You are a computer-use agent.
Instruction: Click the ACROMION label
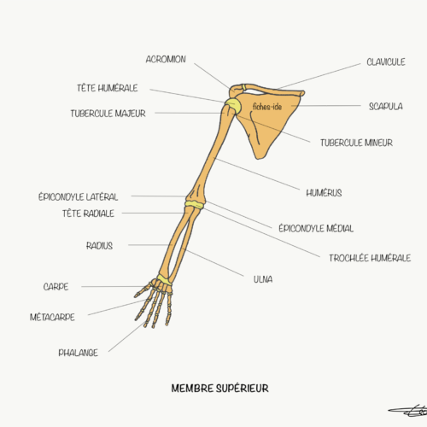[166, 59]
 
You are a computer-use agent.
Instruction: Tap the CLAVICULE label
[386, 61]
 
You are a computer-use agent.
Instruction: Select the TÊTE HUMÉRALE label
[107, 88]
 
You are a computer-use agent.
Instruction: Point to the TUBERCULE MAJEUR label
[108, 114]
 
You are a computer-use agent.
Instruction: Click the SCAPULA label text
[386, 107]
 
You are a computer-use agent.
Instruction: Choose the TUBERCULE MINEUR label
[356, 143]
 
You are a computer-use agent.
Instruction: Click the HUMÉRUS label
[324, 193]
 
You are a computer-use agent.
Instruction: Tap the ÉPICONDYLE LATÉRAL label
[78, 196]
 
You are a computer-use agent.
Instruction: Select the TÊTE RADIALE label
[88, 213]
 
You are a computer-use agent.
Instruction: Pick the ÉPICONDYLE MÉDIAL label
[316, 228]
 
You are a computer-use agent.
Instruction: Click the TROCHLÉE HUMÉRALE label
[370, 258]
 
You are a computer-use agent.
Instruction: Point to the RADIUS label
[99, 245]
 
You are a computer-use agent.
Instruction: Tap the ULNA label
[263, 279]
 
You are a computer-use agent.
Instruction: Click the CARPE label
[56, 286]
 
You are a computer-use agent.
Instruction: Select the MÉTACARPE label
[52, 317]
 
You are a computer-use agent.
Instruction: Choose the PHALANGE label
[78, 353]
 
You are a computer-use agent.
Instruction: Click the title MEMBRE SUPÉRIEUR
[219, 388]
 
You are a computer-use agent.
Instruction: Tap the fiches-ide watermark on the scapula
[267, 107]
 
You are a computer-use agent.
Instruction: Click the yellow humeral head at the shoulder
[233, 105]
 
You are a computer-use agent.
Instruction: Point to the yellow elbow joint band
[195, 205]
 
